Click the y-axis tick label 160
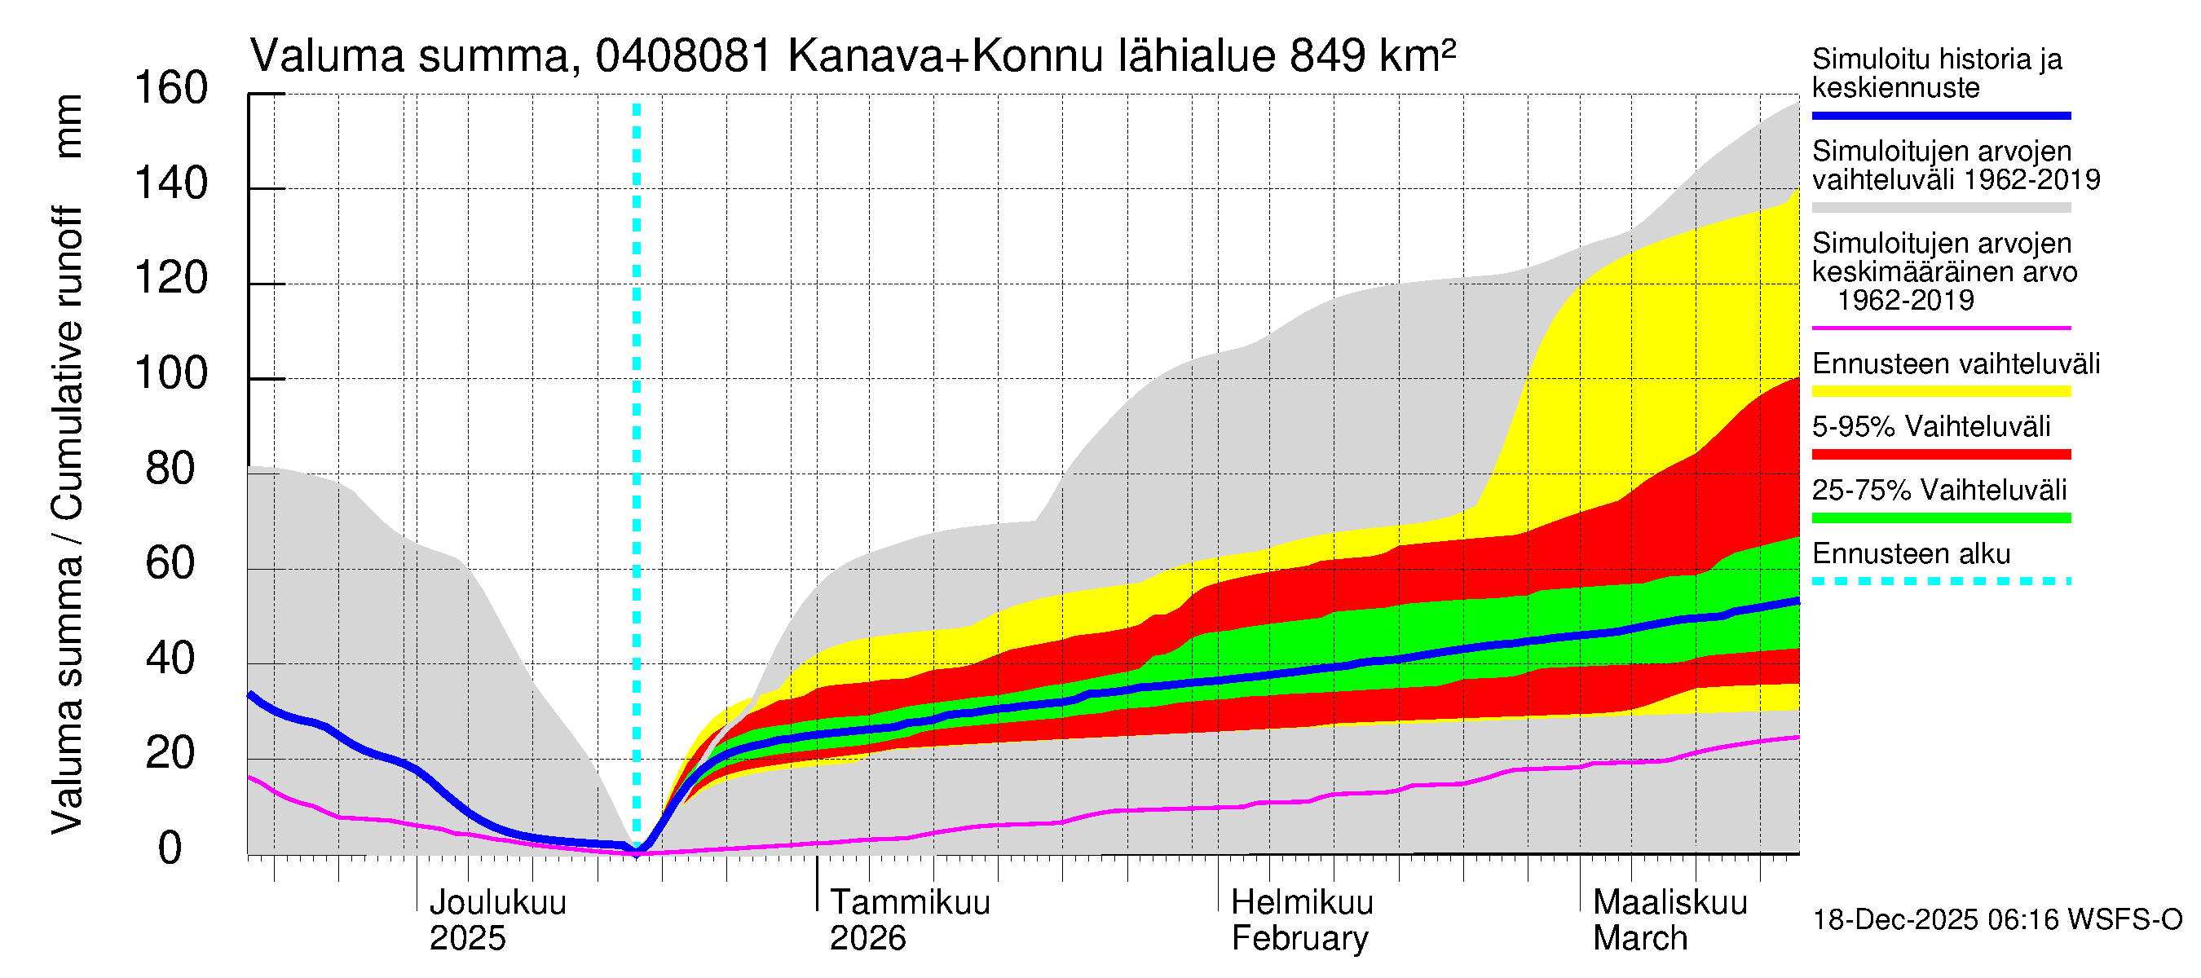tap(171, 89)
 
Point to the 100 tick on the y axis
tap(171, 374)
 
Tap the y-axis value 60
tap(171, 564)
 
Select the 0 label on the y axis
tap(170, 848)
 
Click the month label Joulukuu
tap(497, 903)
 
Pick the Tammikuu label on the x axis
tap(910, 903)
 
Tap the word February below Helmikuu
tap(1299, 939)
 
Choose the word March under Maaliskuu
tap(1639, 939)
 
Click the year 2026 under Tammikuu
tap(867, 939)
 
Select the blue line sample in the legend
tap(1940, 115)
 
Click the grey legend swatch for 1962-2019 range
tap(1940, 208)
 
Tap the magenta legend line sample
tap(1940, 328)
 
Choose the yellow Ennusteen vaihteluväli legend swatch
tap(1940, 391)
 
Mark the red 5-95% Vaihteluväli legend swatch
tap(1940, 455)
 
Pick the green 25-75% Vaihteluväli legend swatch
tap(1940, 518)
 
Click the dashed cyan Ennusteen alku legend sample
tap(1940, 581)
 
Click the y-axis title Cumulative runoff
tap(68, 363)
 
